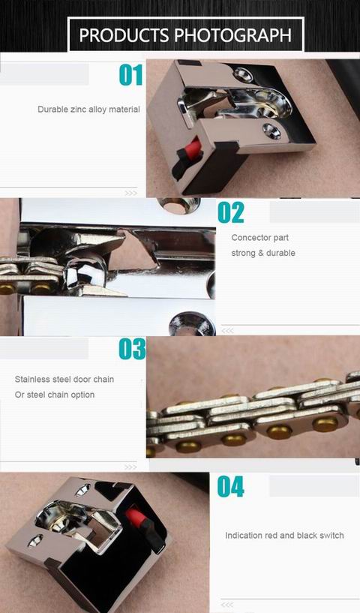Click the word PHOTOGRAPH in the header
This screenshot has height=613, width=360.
(233, 35)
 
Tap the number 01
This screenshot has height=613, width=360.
(130, 75)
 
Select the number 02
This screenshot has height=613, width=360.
(231, 213)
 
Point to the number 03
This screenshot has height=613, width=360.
(131, 350)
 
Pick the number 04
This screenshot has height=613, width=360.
(231, 487)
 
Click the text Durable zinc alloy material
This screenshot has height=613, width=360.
(88, 110)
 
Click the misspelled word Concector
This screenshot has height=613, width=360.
(248, 238)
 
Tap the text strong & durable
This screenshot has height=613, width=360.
(263, 253)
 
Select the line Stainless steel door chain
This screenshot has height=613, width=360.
(64, 380)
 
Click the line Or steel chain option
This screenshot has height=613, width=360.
(55, 395)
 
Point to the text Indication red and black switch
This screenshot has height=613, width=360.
(284, 536)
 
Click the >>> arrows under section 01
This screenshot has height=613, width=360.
(130, 193)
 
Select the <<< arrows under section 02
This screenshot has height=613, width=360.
(227, 330)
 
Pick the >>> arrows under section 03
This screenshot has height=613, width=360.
(130, 467)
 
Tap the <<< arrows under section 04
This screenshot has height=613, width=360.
(227, 604)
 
